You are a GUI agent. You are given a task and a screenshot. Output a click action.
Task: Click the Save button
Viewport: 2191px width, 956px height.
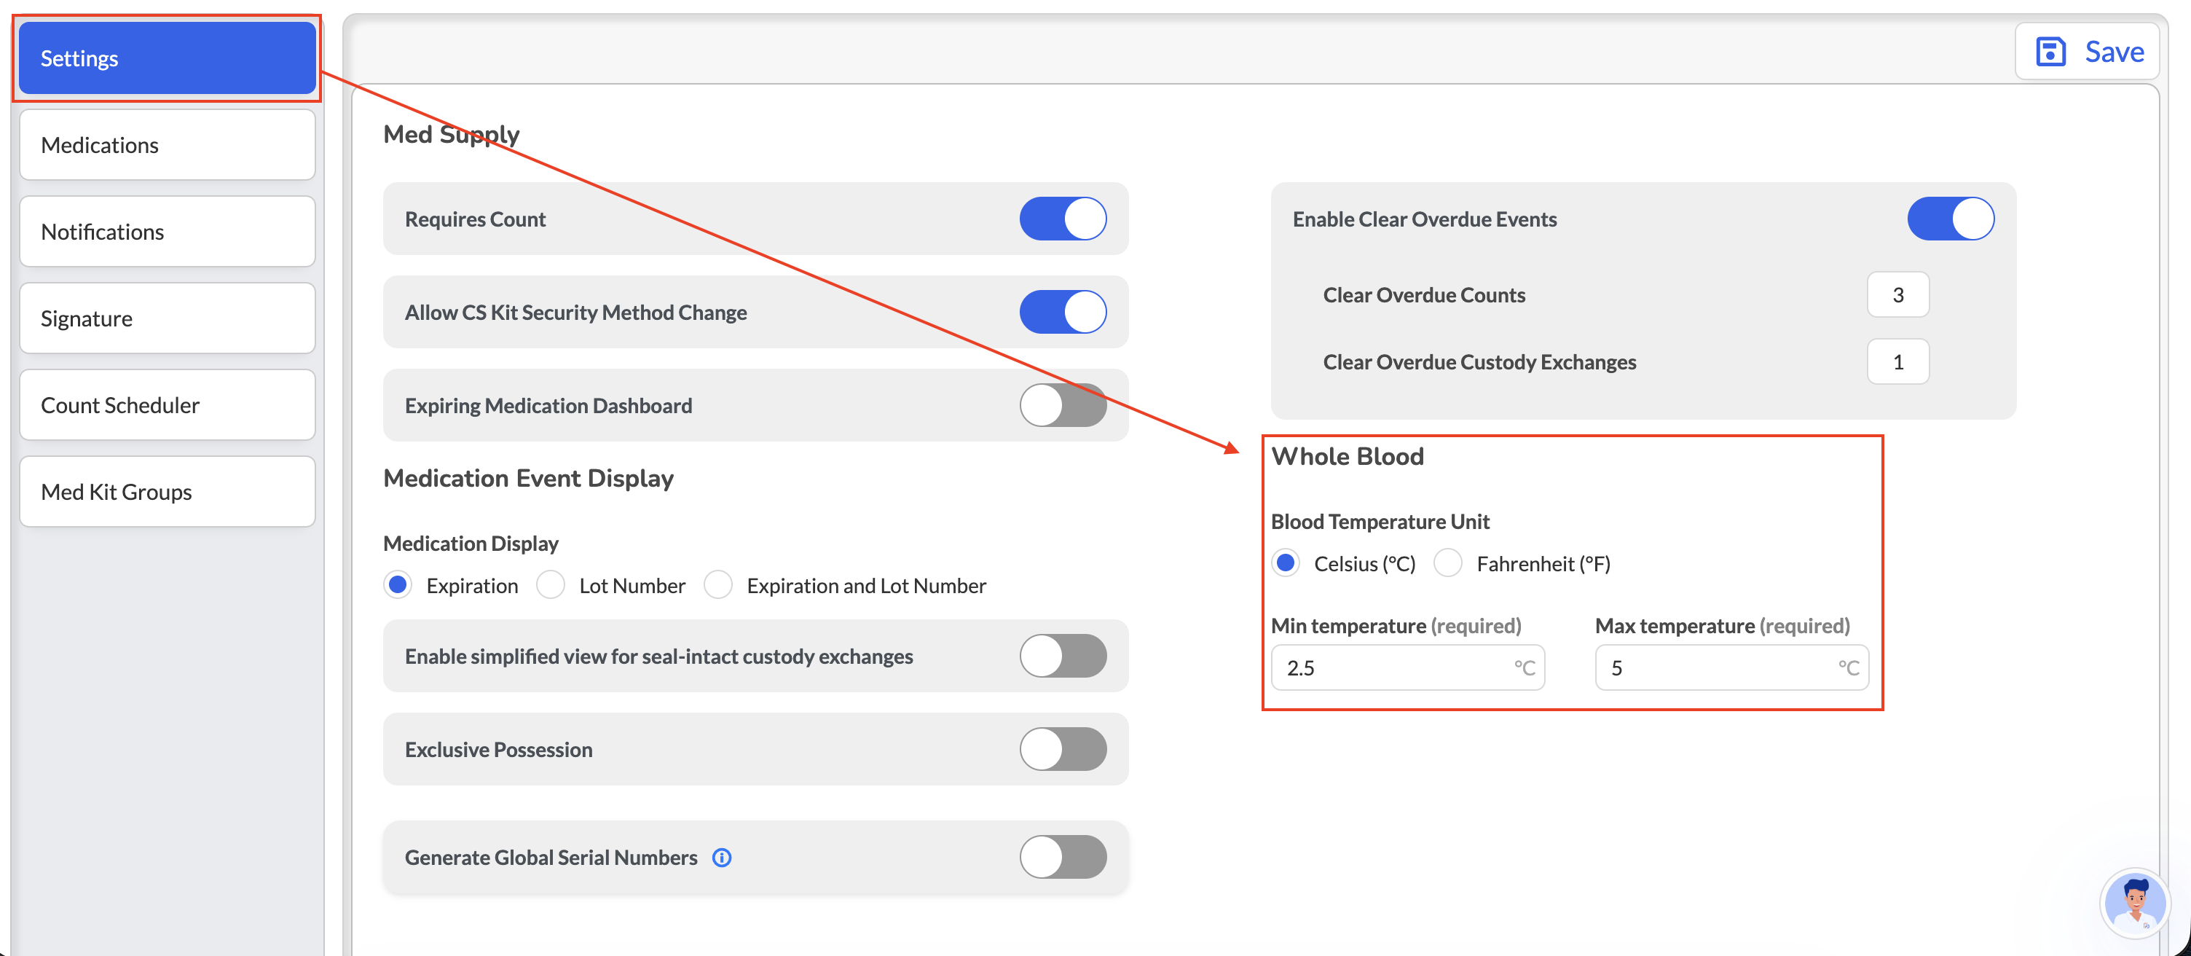click(x=2089, y=52)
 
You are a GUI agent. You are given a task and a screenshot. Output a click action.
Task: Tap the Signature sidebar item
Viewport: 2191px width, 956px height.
click(x=168, y=318)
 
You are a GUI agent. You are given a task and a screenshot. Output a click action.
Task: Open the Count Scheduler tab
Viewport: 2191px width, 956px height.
click(x=168, y=405)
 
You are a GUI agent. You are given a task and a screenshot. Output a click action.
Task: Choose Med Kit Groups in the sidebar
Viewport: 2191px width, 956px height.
click(x=168, y=492)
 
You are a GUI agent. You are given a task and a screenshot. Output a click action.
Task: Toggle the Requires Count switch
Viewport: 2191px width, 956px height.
click(x=1063, y=219)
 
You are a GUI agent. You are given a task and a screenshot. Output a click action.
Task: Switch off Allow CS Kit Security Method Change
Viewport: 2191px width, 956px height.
click(x=1063, y=312)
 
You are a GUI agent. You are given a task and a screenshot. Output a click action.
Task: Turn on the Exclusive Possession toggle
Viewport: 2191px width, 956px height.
click(x=1063, y=749)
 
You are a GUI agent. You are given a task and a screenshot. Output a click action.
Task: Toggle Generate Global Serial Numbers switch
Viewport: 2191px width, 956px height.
click(x=1063, y=858)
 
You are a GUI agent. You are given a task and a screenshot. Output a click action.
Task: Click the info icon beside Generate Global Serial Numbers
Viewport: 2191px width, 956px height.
click(x=722, y=858)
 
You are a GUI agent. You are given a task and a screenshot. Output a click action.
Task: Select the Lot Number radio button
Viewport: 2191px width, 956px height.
click(x=551, y=585)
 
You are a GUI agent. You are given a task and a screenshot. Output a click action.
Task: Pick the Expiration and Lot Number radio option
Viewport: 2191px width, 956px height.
click(x=718, y=585)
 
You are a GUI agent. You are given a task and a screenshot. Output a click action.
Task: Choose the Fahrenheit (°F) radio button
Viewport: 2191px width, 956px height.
click(x=1447, y=563)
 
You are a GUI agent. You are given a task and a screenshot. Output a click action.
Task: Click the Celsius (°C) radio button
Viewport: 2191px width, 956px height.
click(x=1285, y=563)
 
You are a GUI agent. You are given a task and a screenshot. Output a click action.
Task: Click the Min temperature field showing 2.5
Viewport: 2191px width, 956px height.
click(x=1408, y=667)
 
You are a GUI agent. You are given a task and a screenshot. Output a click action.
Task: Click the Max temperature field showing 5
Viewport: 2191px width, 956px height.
click(x=1731, y=667)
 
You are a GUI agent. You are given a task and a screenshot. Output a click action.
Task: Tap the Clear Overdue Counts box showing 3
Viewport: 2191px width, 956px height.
click(x=1897, y=295)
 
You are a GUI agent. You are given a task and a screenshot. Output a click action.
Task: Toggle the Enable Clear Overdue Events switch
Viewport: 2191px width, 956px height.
click(x=1951, y=219)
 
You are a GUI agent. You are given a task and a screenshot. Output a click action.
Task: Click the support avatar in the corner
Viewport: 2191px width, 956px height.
click(x=2134, y=904)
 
